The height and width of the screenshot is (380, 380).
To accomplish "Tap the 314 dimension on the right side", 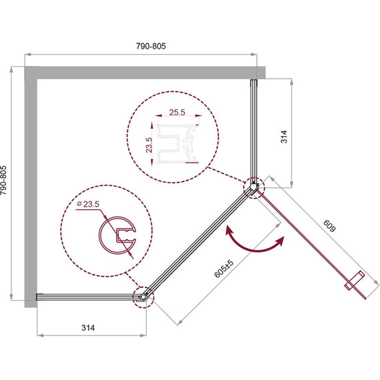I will (x=284, y=138).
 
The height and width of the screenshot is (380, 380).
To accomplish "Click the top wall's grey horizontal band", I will (x=145, y=73).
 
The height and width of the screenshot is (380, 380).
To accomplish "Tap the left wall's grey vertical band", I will (x=30, y=187).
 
